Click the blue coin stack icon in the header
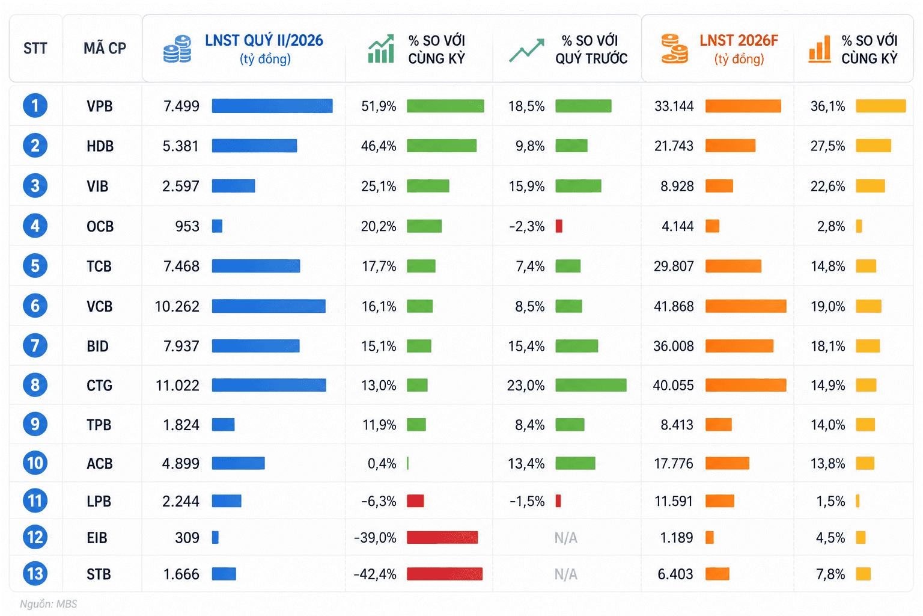[x=177, y=49]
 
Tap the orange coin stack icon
[x=675, y=49]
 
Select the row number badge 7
[x=35, y=345]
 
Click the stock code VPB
[x=99, y=106]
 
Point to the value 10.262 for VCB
[x=177, y=306]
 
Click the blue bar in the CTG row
[x=269, y=385]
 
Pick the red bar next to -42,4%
[x=445, y=573]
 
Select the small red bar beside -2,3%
[x=559, y=226]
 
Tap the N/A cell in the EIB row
[x=565, y=538]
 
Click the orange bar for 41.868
[x=746, y=306]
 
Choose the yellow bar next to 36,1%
[x=881, y=106]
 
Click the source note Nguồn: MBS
[x=48, y=603]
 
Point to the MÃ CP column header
[x=105, y=48]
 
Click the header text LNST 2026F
[x=739, y=40]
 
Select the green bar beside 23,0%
[x=591, y=385]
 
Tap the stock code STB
[x=99, y=574]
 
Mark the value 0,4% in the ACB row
[x=382, y=463]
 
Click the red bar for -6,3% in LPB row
[x=415, y=501]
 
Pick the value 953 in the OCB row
[x=187, y=226]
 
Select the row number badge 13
[x=35, y=573]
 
